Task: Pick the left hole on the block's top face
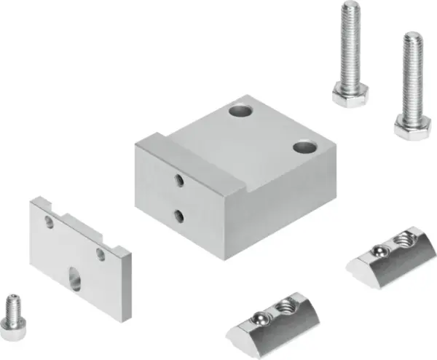pyautogui.click(x=239, y=111)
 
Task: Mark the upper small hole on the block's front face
pyautogui.click(x=179, y=179)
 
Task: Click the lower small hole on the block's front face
pyautogui.click(x=179, y=214)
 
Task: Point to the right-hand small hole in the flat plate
pyautogui.click(x=101, y=253)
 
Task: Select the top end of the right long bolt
pyautogui.click(x=413, y=35)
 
